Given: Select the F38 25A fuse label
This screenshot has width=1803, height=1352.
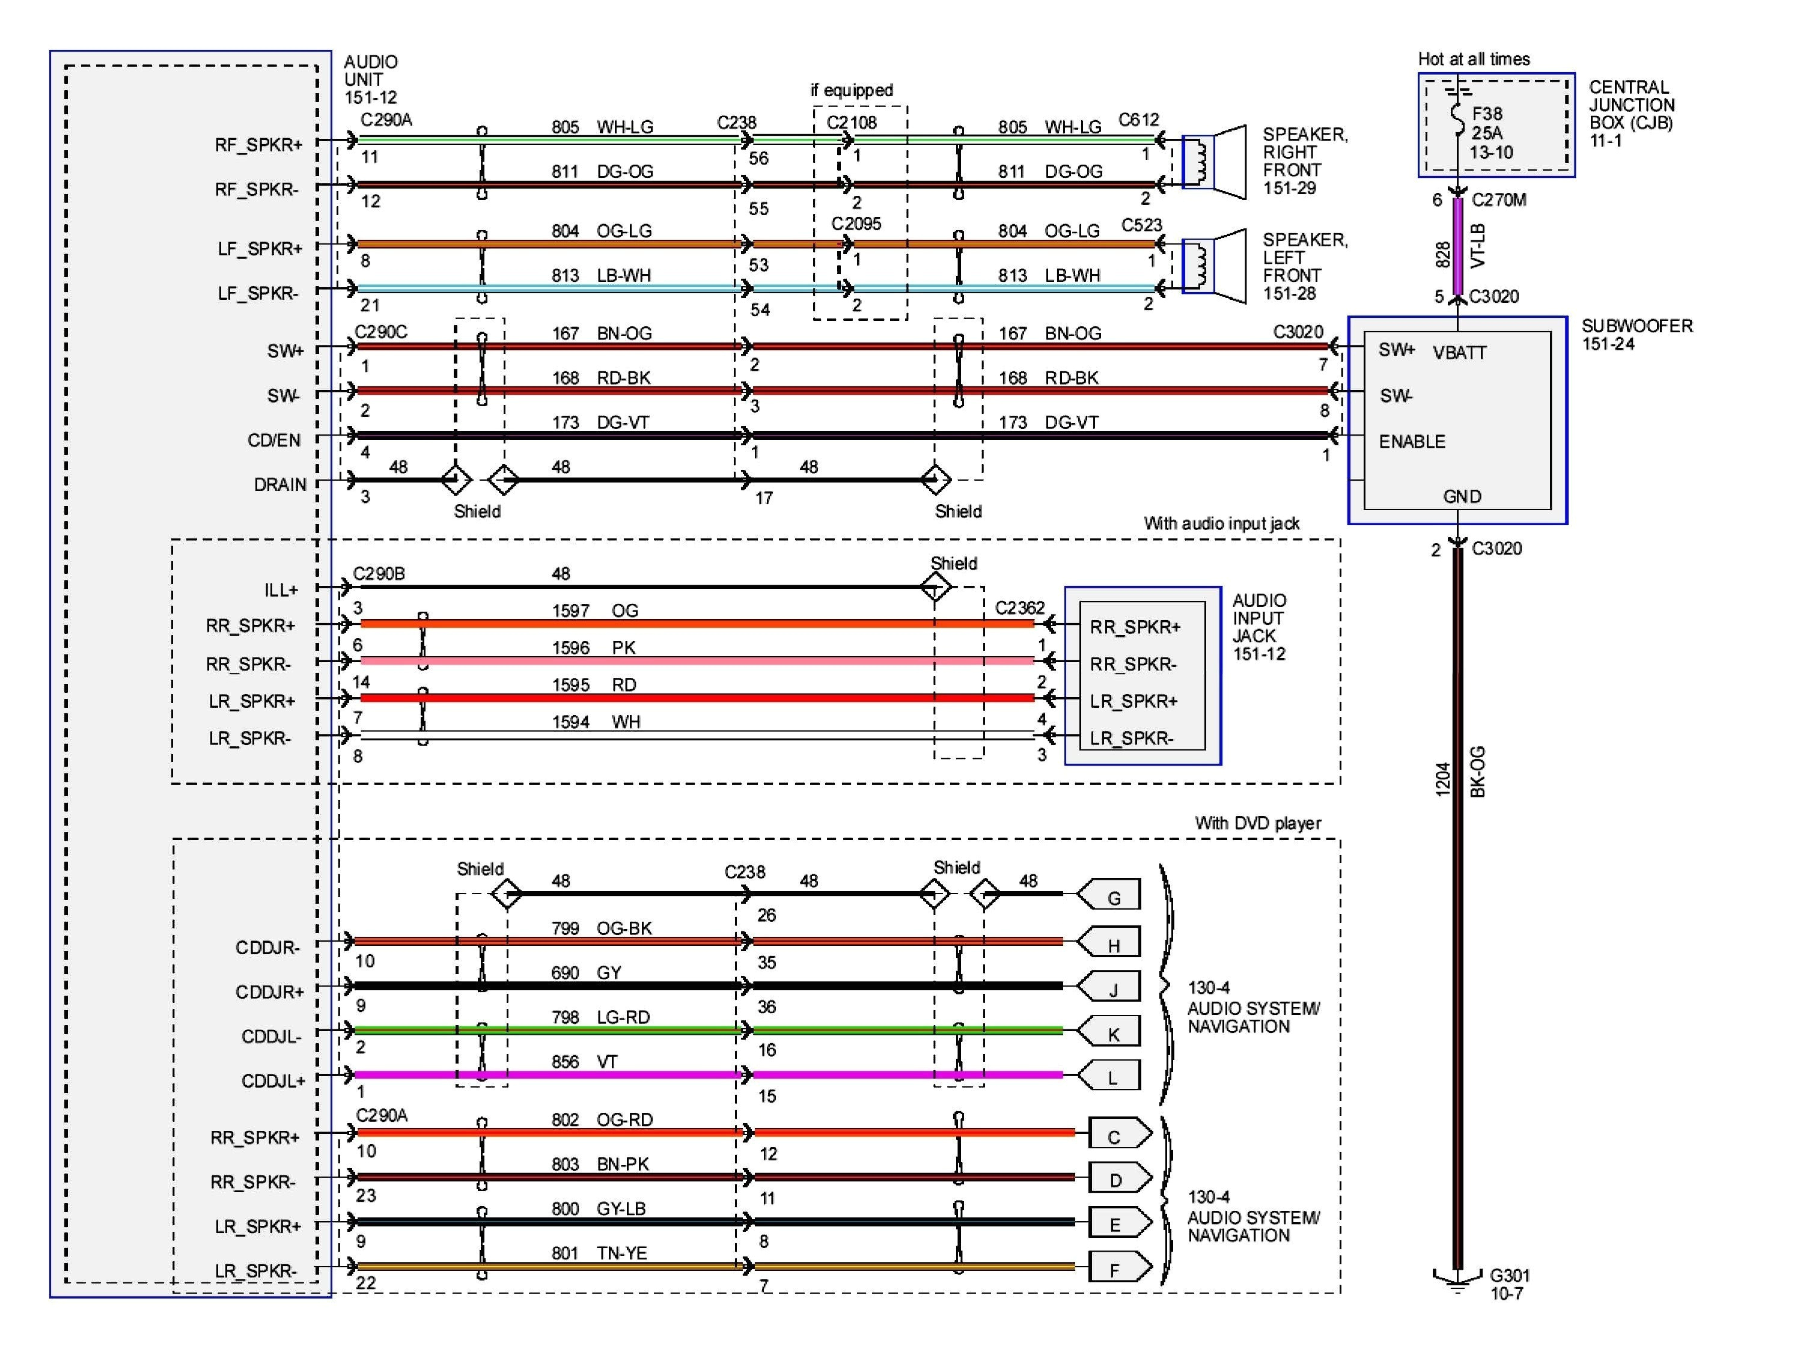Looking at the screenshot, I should [1491, 133].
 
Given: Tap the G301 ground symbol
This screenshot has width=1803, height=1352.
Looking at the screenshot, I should [1457, 1279].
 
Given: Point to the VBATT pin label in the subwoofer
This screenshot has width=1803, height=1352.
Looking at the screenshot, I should [1459, 353].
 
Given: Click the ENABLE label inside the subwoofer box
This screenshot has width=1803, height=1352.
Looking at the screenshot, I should [1412, 442].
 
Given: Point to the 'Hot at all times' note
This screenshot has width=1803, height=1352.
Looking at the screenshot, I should [1473, 59].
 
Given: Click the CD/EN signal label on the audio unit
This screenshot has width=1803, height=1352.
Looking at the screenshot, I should [274, 440].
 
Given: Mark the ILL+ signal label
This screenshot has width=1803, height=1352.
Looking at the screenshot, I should [281, 589].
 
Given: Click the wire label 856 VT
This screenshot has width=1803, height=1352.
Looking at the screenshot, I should [584, 1061].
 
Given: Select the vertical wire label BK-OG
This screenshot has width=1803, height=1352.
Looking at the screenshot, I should [1477, 771].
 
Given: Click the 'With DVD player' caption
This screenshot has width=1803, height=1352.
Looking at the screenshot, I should [1257, 823].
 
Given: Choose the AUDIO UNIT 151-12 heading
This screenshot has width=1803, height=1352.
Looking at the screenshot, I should [371, 79].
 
